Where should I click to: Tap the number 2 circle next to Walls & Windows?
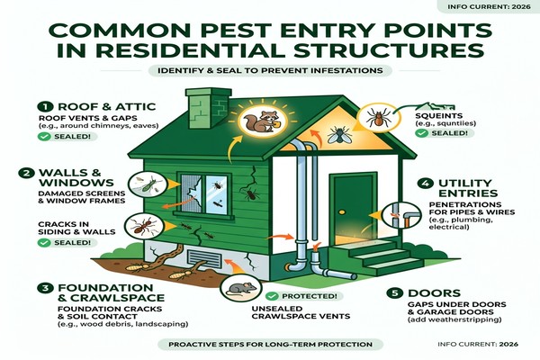[26, 173]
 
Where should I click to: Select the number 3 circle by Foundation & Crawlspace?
[45, 288]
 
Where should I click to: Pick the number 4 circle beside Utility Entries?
[426, 184]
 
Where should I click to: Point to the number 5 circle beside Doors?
[395, 293]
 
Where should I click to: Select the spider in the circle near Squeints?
[379, 117]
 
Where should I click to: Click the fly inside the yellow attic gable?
[337, 134]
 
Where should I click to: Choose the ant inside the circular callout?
[140, 225]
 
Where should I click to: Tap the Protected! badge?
[305, 296]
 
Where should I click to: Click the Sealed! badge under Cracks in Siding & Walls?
[67, 243]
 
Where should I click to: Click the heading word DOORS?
[434, 293]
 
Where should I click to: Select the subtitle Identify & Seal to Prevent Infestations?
[270, 70]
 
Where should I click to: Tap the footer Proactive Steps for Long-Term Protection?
[270, 344]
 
